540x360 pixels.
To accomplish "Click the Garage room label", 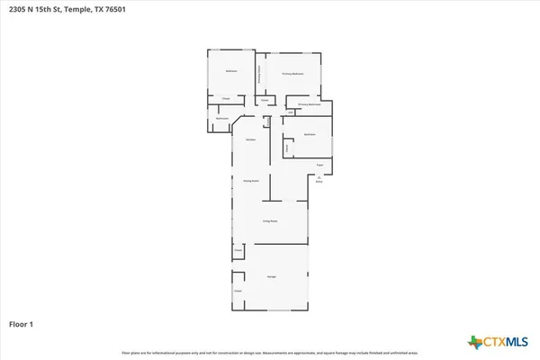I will tap(270, 275).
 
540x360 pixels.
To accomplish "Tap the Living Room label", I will tap(270, 220).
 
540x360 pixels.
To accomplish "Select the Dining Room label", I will tap(251, 181).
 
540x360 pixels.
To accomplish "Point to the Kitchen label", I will tap(252, 139).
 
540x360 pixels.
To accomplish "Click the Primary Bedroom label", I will tap(292, 73).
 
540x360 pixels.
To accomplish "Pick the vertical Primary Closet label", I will tap(260, 74).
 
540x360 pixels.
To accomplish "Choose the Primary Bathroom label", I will tap(310, 104).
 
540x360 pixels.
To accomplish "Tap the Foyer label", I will tap(319, 165).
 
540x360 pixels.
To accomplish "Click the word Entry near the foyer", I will tap(319, 182).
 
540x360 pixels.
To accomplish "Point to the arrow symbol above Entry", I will tap(319, 177).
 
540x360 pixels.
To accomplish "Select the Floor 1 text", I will tap(22, 322).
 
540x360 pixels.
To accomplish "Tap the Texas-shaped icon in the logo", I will tap(474, 342).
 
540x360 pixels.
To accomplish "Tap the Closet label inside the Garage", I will tap(238, 291).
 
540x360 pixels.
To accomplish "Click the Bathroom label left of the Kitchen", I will tap(222, 119).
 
